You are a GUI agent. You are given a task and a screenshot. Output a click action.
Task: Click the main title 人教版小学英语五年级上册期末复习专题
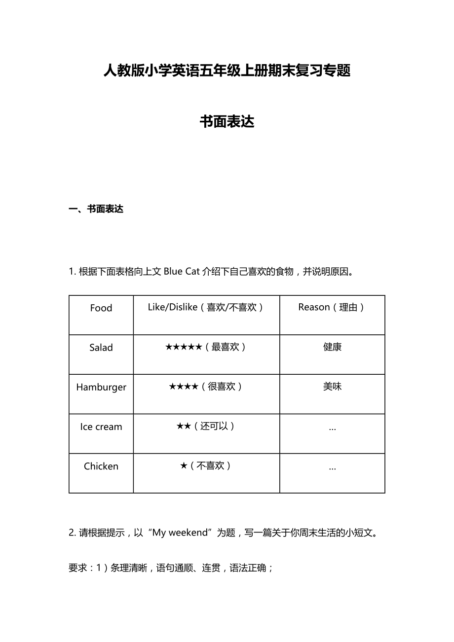(x=227, y=71)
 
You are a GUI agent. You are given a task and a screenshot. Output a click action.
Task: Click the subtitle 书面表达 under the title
(x=227, y=122)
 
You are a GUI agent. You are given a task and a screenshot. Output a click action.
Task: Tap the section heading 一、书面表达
(x=96, y=209)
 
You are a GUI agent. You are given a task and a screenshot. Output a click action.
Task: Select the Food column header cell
(x=101, y=308)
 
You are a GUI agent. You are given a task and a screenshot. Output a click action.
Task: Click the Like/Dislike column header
(x=206, y=307)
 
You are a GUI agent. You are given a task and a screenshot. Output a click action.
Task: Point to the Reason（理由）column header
(x=332, y=307)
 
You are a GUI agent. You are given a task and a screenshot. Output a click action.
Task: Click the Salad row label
(x=101, y=348)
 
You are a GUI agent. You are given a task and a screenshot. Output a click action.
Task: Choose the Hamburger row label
(x=101, y=387)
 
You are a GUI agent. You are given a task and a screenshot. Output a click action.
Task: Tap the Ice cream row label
(x=101, y=427)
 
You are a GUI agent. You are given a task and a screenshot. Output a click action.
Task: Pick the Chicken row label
(x=101, y=466)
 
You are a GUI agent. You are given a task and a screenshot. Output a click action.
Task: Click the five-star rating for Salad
(x=184, y=347)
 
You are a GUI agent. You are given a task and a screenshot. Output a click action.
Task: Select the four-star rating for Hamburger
(x=184, y=387)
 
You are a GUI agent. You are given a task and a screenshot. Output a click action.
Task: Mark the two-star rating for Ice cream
(x=184, y=427)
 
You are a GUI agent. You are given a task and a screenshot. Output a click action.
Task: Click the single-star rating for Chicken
(x=184, y=466)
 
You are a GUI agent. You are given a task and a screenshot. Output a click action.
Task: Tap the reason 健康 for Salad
(x=332, y=347)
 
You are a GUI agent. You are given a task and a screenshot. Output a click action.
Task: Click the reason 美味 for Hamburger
(x=332, y=387)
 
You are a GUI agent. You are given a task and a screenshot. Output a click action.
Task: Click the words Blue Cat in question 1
(x=182, y=272)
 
